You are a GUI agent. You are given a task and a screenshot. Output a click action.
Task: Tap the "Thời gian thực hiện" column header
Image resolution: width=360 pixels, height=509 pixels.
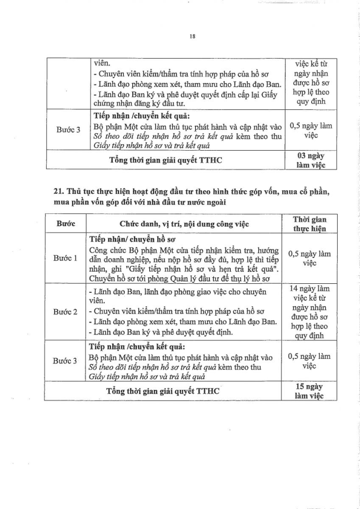coord(309,224)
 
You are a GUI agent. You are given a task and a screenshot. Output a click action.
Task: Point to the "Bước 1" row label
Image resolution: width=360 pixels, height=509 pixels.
coord(65,258)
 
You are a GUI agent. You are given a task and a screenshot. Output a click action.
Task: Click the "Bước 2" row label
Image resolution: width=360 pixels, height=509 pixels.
coord(65,312)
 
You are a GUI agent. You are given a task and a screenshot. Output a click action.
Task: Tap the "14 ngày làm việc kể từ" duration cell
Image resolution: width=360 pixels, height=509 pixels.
coord(309,293)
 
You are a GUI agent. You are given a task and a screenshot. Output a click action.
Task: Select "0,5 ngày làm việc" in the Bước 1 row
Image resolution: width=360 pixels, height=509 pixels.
coord(309,258)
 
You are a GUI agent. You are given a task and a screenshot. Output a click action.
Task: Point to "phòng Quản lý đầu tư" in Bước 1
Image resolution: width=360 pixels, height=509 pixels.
coord(180,278)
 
